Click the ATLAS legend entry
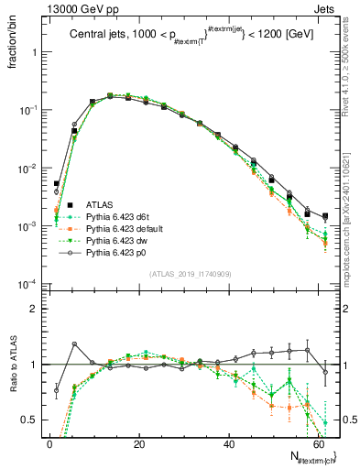(x=101, y=204)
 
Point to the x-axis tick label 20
(x=139, y=443)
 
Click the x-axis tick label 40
(x=229, y=443)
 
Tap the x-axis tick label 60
(x=318, y=443)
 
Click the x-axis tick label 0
(x=49, y=443)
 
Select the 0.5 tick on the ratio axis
(x=30, y=420)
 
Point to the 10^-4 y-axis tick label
(x=27, y=283)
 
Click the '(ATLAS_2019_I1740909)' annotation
(x=190, y=273)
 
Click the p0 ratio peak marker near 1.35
(x=74, y=344)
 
